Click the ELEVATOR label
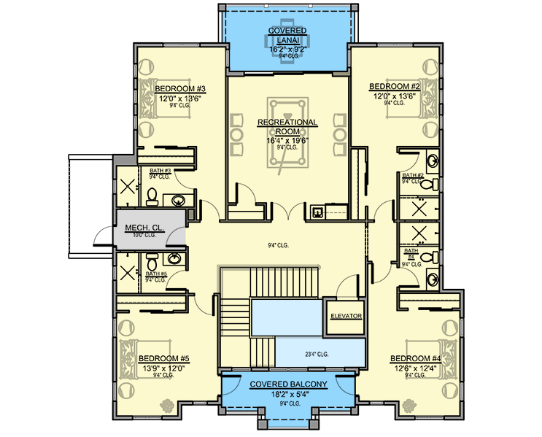point(346,316)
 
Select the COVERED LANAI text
point(287,34)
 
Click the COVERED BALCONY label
point(287,384)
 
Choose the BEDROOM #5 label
point(164,358)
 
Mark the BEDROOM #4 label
point(416,358)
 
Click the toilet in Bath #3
point(152,196)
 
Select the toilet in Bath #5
point(151,260)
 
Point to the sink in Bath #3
point(177,198)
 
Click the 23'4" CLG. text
point(316,355)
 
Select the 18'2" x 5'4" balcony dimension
point(287,394)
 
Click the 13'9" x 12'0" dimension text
point(164,368)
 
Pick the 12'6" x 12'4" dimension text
point(416,368)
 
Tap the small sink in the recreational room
point(317,212)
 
